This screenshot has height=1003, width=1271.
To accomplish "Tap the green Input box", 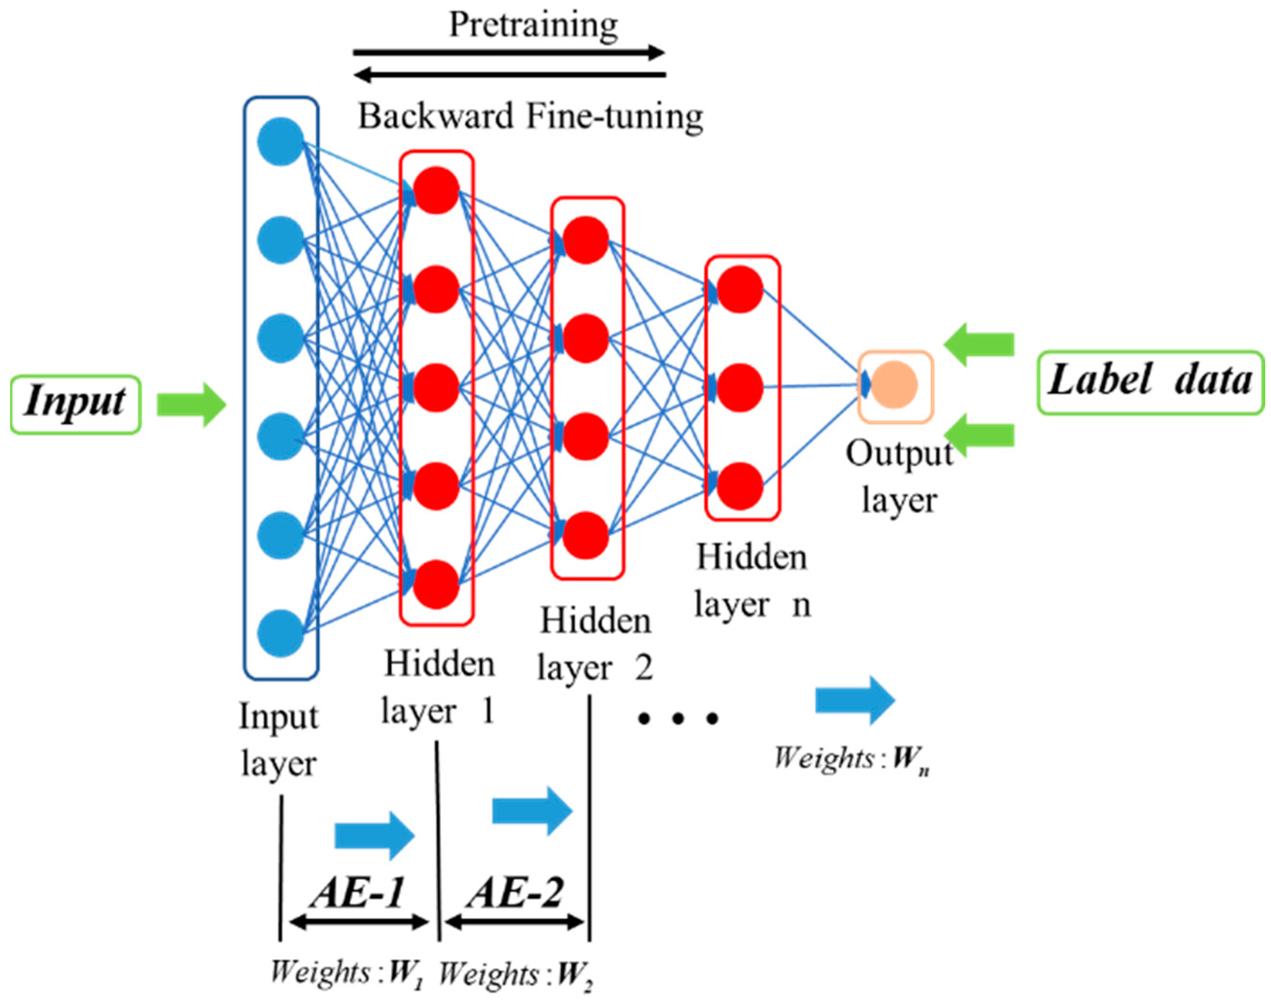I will (x=75, y=405).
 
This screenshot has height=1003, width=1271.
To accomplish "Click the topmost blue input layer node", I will (x=280, y=141).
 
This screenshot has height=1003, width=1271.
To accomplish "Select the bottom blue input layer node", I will (x=280, y=633).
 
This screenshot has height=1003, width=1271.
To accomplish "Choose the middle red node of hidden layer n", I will (x=740, y=387).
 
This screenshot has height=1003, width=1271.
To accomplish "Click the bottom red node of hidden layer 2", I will (x=585, y=535).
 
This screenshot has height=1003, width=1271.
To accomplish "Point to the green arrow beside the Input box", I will (x=191, y=405).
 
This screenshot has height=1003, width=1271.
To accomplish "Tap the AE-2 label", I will (x=515, y=893).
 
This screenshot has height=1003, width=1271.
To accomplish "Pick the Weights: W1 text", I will (x=347, y=973).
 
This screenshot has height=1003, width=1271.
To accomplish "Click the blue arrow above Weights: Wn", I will (x=855, y=700).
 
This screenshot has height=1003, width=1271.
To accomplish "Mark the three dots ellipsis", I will (x=678, y=718).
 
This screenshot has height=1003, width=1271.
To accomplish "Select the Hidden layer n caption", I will (x=751, y=580).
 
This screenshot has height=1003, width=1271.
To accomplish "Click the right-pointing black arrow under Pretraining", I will (x=509, y=53).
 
